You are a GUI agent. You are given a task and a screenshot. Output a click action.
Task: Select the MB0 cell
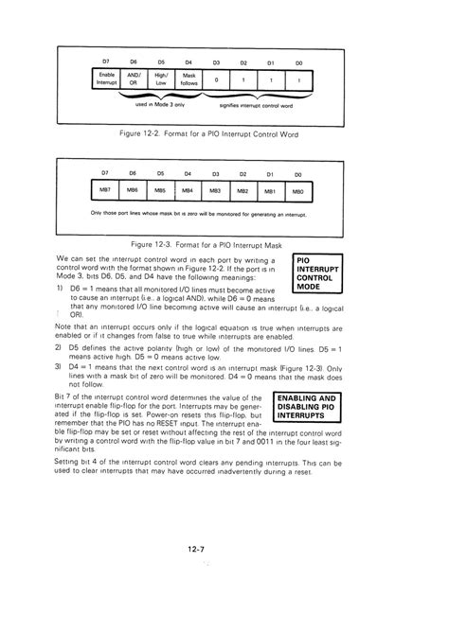(298, 191)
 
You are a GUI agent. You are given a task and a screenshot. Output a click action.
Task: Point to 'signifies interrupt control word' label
(257, 105)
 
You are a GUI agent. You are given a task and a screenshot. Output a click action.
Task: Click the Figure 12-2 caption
(208, 134)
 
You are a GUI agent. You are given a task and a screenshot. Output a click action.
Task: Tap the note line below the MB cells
(205, 213)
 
